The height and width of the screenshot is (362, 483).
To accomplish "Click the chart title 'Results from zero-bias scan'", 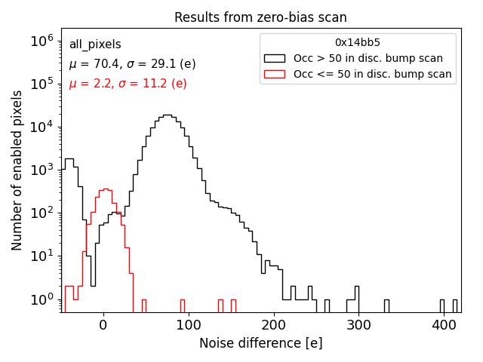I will [260, 17].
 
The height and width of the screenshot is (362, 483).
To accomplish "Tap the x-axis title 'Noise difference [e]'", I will [260, 343].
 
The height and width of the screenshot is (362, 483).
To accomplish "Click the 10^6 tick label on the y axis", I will [42, 41].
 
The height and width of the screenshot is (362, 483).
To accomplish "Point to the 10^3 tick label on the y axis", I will [42, 170].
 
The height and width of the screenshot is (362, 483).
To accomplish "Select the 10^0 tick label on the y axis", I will [42, 299].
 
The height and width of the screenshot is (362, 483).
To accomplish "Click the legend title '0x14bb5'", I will [358, 43].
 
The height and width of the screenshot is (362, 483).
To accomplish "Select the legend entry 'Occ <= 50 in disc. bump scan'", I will [372, 74].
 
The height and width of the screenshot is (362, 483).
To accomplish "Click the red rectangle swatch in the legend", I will [274, 74].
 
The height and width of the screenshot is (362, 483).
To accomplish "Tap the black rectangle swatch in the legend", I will [274, 58].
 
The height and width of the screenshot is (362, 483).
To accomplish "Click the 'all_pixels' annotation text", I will [95, 44].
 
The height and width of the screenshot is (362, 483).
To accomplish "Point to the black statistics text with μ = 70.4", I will [132, 64].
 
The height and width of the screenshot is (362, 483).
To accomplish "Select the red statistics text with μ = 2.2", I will [128, 84].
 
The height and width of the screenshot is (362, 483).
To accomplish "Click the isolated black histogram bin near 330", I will [386, 305].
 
